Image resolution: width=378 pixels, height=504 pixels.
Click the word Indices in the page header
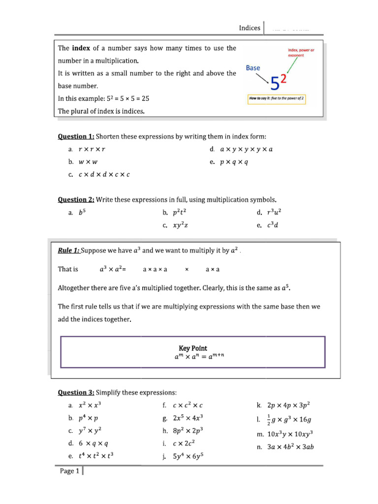coord(250,28)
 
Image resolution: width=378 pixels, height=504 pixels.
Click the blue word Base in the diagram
coord(253,68)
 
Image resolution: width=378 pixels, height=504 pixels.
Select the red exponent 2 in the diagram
coord(284,79)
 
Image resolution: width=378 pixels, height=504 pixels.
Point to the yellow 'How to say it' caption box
coord(278,98)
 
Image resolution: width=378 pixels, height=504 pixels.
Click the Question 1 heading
coord(76,136)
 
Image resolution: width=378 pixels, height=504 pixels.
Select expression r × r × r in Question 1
coord(93,149)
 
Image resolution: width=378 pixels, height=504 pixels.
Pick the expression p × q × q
coord(235,161)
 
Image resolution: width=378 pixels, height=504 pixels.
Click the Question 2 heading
coord(76,199)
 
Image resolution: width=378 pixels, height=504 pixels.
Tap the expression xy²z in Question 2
coord(181,225)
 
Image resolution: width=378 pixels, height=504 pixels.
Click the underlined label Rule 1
coord(68,251)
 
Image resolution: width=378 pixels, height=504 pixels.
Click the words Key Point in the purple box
coord(192,348)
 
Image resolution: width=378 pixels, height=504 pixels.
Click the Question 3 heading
coord(76,392)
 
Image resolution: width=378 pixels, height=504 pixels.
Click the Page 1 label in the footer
coord(69,471)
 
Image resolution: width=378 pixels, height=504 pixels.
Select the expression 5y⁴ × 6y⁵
coord(189,456)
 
